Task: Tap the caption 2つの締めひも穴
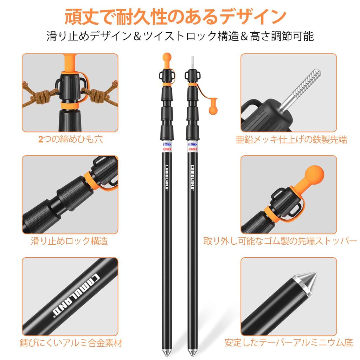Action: [x=70, y=140]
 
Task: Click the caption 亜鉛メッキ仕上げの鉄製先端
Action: [x=291, y=140]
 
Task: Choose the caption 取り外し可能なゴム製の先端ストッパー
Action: [x=280, y=241]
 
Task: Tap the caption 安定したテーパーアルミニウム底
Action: [x=288, y=343]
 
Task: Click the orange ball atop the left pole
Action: [x=167, y=57]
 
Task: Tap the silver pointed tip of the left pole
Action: [x=167, y=351]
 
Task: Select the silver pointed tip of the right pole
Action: [x=192, y=351]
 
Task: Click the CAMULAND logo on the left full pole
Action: [x=167, y=178]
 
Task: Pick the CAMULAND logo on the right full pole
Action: [x=192, y=178]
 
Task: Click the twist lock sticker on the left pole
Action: [x=167, y=147]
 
